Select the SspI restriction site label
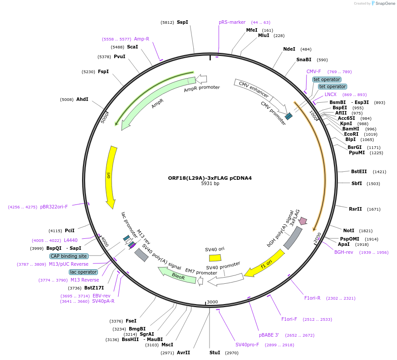[182, 22]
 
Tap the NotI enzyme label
[348, 230]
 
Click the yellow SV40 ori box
[215, 258]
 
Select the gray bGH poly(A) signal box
[292, 238]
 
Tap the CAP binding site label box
[69, 256]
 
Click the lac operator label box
[83, 272]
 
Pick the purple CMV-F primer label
[314, 71]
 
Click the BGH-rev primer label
[344, 252]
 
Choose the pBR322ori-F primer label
[54, 207]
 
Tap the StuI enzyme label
[214, 353]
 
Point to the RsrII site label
[355, 209]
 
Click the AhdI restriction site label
[82, 99]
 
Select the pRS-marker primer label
[232, 22]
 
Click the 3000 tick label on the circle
[213, 302]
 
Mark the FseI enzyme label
[131, 321]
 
